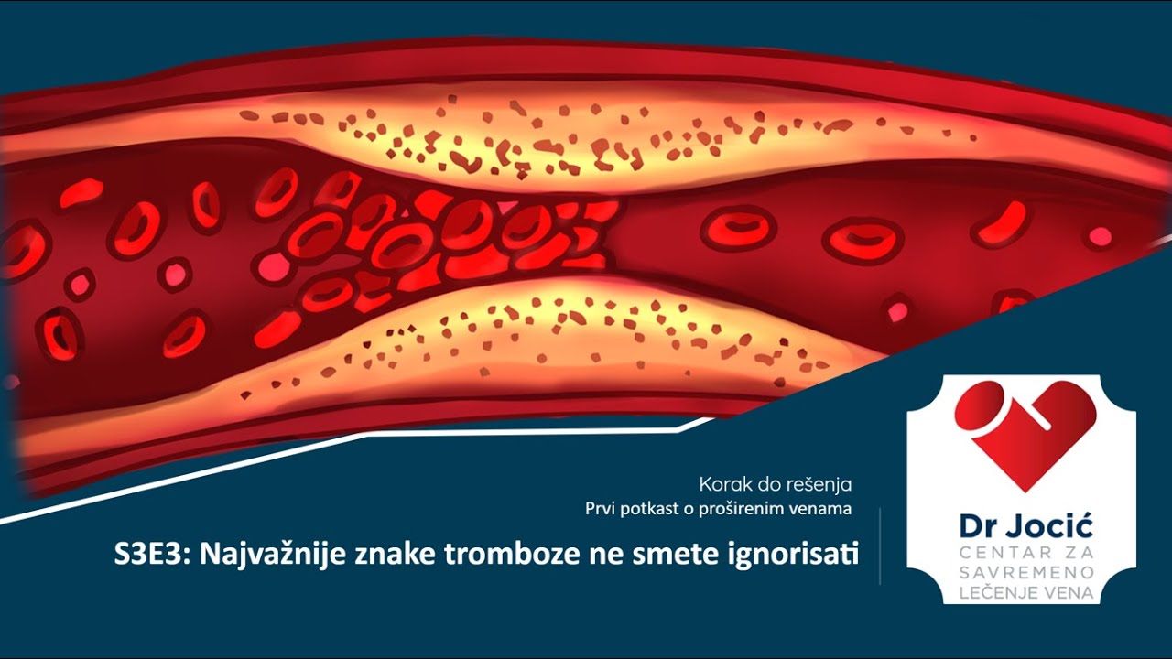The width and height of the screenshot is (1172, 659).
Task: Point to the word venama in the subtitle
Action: [823, 508]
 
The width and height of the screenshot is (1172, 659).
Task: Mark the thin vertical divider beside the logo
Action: [880, 546]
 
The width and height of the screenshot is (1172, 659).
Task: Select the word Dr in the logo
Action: [974, 527]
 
